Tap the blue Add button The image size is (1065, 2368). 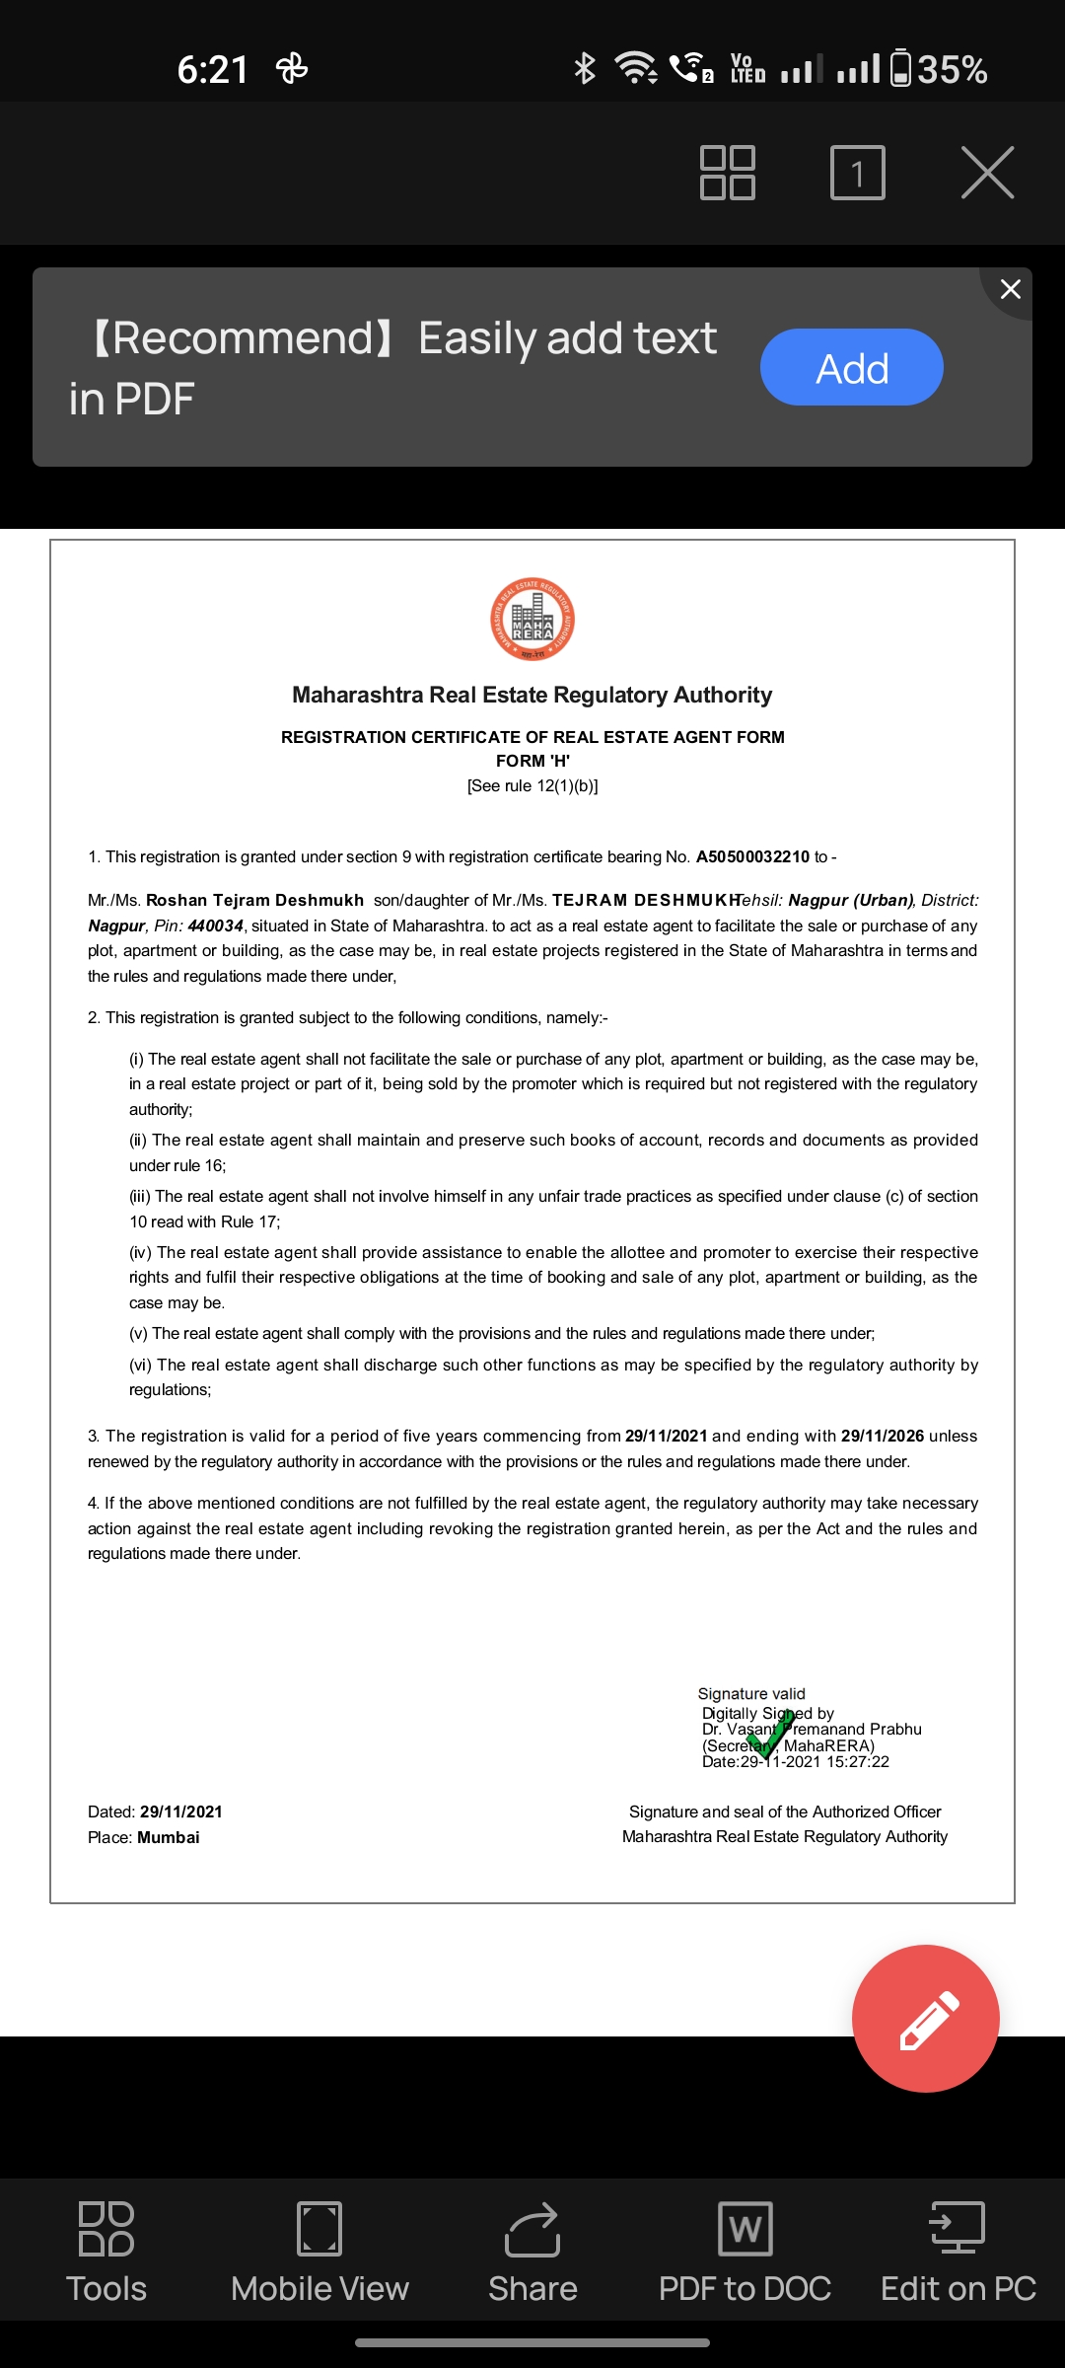click(851, 367)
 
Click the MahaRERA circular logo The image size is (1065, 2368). click(532, 619)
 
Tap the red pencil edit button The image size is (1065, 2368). click(926, 2019)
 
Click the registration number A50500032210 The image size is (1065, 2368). click(752, 856)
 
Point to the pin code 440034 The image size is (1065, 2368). click(215, 925)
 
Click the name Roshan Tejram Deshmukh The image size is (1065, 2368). click(254, 900)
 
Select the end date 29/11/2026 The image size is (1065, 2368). click(882, 1436)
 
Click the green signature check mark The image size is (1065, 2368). click(771, 1735)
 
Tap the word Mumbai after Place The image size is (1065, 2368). click(168, 1837)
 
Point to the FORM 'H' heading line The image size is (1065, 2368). click(532, 761)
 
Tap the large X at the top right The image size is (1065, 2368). click(987, 173)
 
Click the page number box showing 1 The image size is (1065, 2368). click(857, 173)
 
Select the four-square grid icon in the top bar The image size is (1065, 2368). click(728, 173)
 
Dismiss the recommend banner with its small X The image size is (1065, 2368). click(1010, 289)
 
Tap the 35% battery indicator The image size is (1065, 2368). click(939, 69)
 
